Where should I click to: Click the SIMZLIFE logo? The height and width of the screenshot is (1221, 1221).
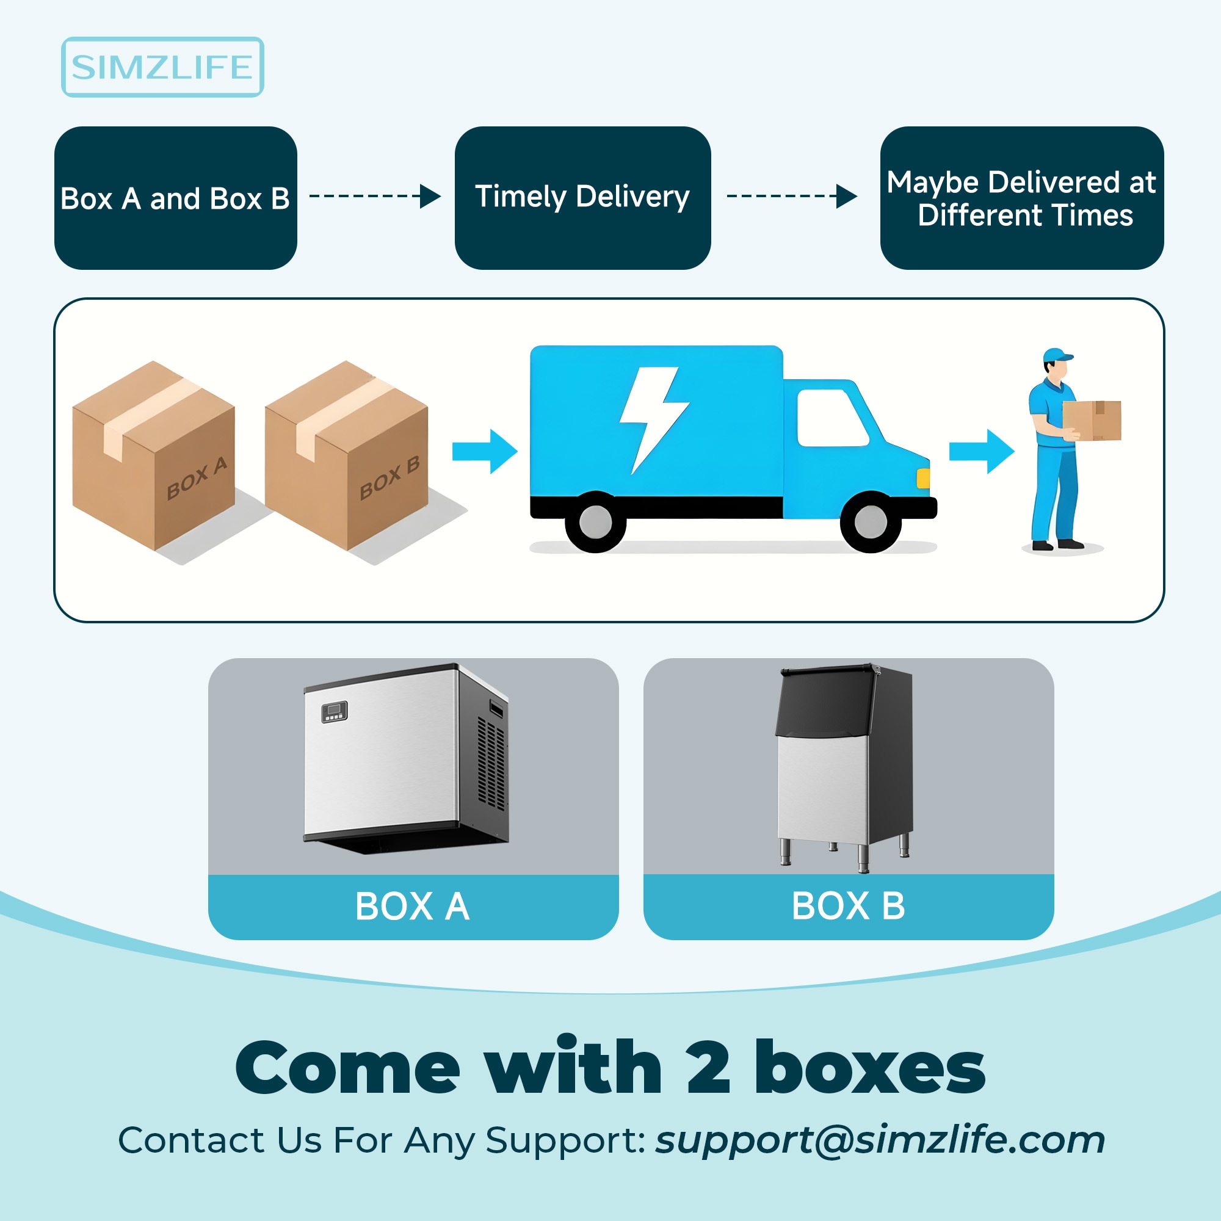click(162, 67)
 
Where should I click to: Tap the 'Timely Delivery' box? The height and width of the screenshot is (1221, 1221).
click(582, 198)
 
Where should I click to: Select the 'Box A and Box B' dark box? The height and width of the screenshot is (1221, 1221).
click(175, 198)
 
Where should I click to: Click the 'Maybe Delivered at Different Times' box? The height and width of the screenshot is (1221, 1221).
click(1021, 198)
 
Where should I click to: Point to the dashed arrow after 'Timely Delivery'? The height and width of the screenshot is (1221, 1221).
click(791, 196)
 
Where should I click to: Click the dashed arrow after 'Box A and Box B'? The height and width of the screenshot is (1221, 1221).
click(374, 196)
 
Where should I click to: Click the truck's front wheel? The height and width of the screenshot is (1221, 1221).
click(870, 522)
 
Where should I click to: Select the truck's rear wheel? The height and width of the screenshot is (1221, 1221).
click(595, 522)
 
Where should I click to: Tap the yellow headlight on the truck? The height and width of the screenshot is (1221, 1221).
click(922, 478)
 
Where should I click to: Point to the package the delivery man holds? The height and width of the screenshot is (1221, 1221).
click(1092, 419)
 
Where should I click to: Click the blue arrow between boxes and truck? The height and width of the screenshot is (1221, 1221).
click(485, 451)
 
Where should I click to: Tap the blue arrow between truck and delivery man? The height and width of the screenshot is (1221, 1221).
click(982, 451)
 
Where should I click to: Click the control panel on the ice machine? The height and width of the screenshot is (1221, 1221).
click(335, 712)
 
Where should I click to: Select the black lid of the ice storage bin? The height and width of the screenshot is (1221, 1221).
click(825, 701)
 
